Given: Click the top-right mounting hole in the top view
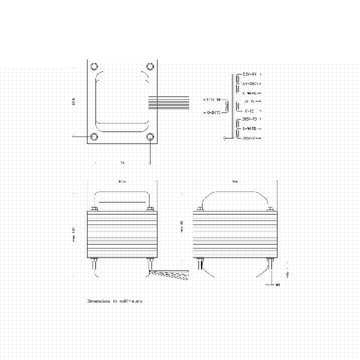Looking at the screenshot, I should [150, 66].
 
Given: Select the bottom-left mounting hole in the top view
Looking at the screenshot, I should [94, 136].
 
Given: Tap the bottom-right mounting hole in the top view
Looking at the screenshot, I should [150, 136].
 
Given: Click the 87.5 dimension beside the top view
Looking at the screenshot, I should [74, 101].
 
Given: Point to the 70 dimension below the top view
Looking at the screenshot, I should [122, 163].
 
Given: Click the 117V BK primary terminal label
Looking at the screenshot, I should [212, 100].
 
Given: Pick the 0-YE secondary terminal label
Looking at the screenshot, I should [249, 110].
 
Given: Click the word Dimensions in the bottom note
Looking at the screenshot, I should [98, 301].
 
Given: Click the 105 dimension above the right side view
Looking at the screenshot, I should [234, 181].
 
